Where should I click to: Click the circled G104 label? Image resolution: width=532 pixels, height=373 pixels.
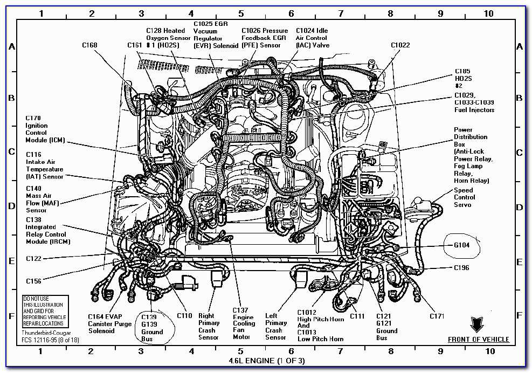tap(462, 245)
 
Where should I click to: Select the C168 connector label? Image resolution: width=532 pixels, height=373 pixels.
tap(90, 45)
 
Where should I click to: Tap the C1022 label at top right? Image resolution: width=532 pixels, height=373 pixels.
tap(400, 45)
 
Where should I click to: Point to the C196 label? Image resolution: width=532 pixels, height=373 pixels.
tap(461, 268)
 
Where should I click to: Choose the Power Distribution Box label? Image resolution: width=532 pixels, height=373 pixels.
tap(471, 155)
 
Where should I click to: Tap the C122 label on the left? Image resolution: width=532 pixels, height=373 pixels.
tap(33, 259)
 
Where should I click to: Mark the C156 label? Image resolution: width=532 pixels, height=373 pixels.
tap(33, 281)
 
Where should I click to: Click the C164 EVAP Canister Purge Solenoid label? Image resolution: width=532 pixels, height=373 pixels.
tap(109, 323)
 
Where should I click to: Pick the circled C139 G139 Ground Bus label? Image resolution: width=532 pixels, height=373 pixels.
tap(152, 328)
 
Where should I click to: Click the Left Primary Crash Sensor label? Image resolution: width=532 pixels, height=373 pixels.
tap(275, 327)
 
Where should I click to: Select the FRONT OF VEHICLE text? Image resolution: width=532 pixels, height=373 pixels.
tap(478, 340)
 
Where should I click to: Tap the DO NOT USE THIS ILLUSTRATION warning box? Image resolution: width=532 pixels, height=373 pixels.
tap(46, 311)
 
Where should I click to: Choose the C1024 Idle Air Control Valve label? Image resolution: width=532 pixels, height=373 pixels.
tap(312, 38)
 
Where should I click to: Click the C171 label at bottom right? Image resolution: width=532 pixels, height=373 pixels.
tap(437, 316)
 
